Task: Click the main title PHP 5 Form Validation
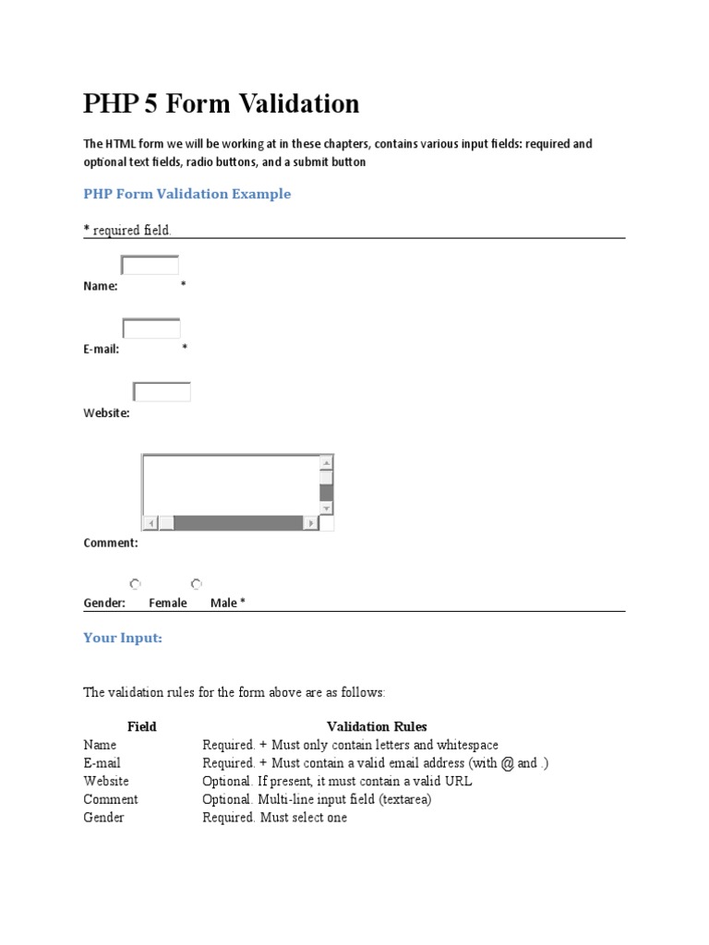click(x=222, y=104)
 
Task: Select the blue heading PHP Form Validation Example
click(x=187, y=194)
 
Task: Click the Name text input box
click(x=150, y=266)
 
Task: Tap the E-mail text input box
click(x=151, y=329)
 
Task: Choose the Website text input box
click(x=162, y=392)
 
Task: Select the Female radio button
click(x=136, y=583)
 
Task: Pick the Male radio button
click(x=197, y=583)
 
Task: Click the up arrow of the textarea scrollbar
click(x=326, y=462)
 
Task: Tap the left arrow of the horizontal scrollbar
click(x=150, y=523)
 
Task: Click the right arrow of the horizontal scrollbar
click(x=311, y=523)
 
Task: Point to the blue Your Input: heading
click(x=123, y=638)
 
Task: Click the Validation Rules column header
click(x=377, y=727)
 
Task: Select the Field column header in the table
click(x=142, y=727)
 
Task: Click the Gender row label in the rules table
click(x=103, y=818)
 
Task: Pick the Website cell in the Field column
click(x=106, y=782)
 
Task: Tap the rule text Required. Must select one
click(x=275, y=818)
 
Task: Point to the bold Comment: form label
click(x=111, y=544)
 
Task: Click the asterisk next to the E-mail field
click(x=185, y=348)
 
